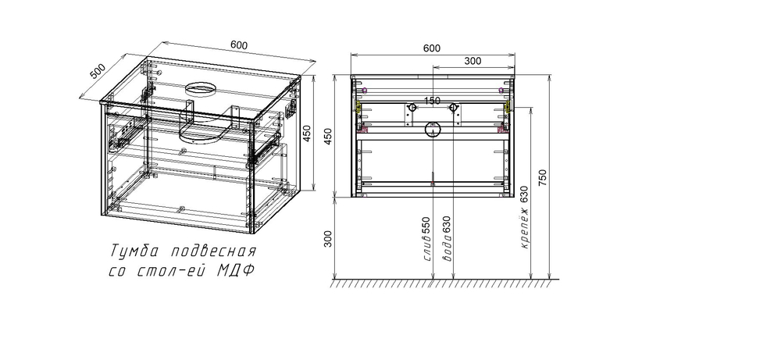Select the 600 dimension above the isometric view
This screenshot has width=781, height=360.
240,45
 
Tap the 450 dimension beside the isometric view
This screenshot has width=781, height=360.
318,134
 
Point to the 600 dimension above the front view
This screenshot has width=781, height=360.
431,48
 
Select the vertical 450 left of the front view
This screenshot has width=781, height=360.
328,137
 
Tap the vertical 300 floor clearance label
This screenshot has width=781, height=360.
328,238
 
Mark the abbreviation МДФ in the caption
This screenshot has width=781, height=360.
238,271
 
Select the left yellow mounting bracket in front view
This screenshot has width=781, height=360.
358,107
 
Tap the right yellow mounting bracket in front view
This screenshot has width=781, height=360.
505,107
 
